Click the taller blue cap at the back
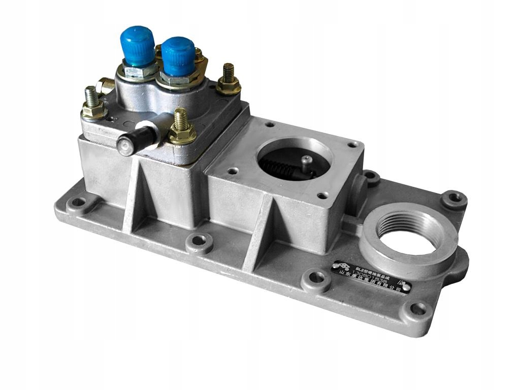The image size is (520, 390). [138, 45]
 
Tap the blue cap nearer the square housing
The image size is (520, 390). [178, 55]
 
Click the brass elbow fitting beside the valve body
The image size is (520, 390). [106, 85]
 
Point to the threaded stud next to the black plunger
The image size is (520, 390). [181, 127]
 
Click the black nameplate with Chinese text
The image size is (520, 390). [370, 277]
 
